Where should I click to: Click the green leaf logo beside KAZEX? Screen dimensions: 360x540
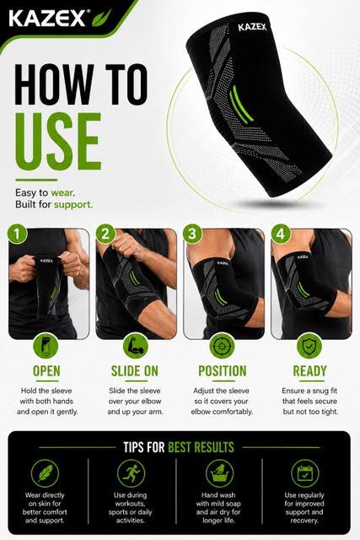(x=101, y=18)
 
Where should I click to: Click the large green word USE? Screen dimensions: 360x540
(x=58, y=142)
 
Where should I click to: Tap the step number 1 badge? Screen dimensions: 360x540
(x=17, y=235)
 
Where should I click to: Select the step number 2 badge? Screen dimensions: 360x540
(x=105, y=235)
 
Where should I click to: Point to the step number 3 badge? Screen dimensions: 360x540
(x=192, y=235)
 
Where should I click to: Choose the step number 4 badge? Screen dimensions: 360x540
(x=281, y=235)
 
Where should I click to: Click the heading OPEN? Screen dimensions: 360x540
(x=46, y=371)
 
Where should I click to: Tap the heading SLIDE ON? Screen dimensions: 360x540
(x=135, y=371)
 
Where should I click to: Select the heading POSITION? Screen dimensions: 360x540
(x=223, y=371)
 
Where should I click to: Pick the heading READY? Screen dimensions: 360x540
(x=309, y=371)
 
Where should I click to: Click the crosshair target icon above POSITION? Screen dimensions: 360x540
(x=222, y=346)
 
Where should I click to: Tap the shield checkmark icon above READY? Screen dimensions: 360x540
(x=309, y=346)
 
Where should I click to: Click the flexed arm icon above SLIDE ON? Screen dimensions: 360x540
(x=136, y=346)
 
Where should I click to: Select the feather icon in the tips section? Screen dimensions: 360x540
(x=45, y=473)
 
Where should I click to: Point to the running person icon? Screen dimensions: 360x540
(x=132, y=473)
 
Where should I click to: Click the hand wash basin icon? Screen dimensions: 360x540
(x=219, y=473)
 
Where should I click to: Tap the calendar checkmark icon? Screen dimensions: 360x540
(x=305, y=473)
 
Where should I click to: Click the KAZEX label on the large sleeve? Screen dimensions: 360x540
(x=252, y=27)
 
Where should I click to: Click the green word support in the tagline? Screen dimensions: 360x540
(x=73, y=204)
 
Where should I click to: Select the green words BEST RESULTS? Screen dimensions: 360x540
(x=201, y=447)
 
